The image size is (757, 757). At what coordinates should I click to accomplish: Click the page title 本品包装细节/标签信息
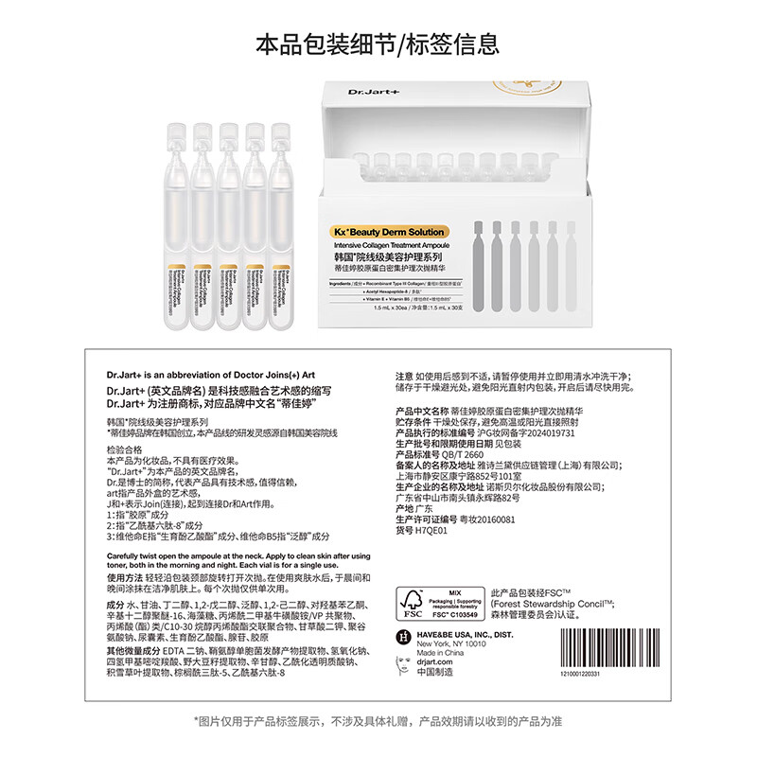[378, 44]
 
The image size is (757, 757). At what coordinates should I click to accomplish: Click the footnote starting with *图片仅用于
[378, 720]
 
